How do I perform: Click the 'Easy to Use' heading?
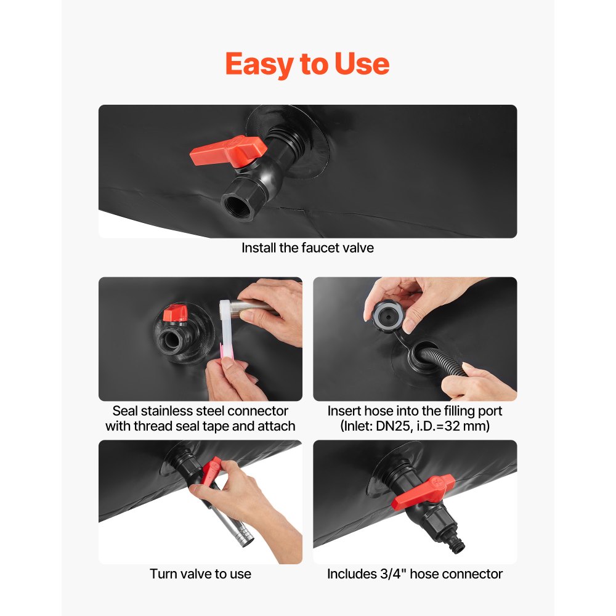[307, 64]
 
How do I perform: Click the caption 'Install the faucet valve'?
[307, 248]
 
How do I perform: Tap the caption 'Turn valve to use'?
[200, 574]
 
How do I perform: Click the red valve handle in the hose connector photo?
[424, 491]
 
